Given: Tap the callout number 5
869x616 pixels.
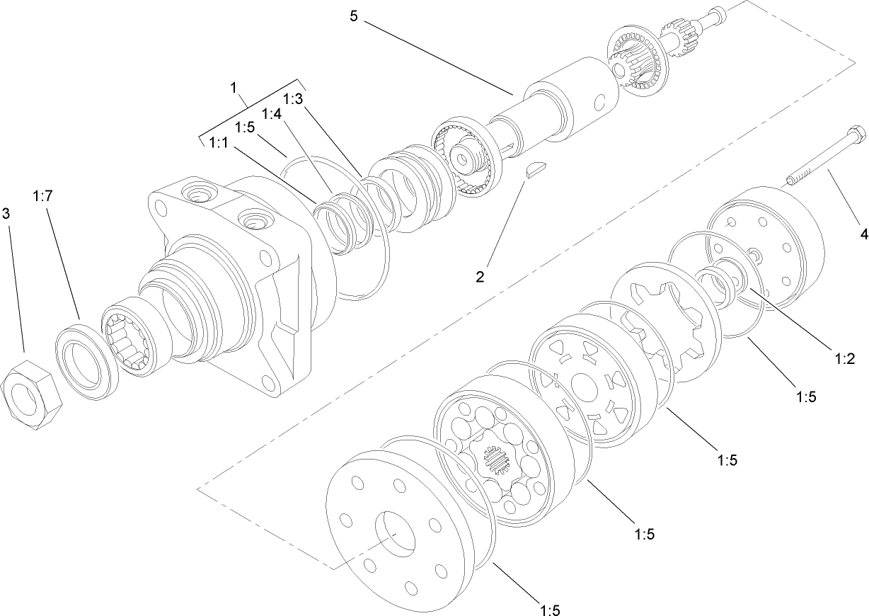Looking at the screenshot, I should click(354, 16).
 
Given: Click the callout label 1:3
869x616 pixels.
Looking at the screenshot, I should click(293, 98).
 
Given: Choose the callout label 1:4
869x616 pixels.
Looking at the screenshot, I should click(272, 113).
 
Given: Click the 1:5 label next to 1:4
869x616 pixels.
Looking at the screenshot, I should click(245, 127).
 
